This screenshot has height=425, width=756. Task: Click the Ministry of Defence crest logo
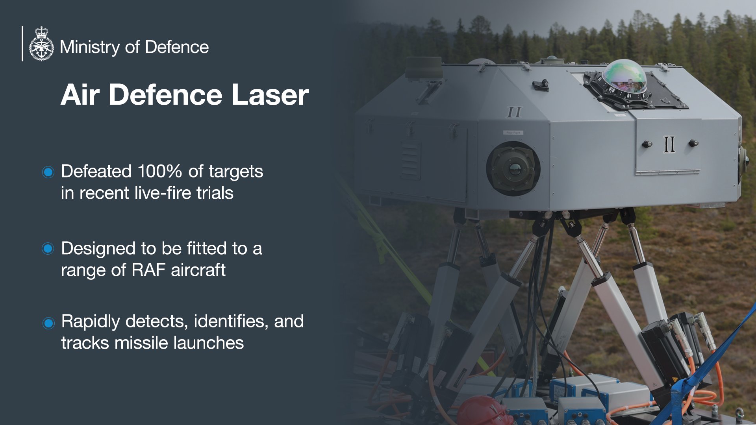tap(41, 44)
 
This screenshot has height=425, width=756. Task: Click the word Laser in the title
tap(270, 95)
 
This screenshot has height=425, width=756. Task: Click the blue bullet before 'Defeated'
tap(48, 172)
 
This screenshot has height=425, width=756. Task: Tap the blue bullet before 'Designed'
tap(48, 249)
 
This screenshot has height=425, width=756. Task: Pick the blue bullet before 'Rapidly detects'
tap(48, 323)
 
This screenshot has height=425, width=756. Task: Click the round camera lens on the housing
tap(513, 168)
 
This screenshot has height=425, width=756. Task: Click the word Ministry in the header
tap(90, 47)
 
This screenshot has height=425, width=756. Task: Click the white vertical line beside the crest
tap(22, 43)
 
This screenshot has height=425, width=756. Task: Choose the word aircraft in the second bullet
tap(198, 270)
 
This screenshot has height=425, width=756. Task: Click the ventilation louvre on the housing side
tap(411, 160)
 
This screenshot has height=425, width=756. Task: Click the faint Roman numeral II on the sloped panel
tap(514, 112)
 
